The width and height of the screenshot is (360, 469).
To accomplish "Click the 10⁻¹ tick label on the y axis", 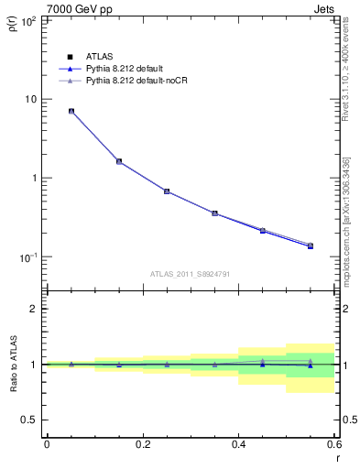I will (x=27, y=256).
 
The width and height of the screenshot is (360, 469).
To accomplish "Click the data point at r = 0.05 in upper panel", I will (x=71, y=111).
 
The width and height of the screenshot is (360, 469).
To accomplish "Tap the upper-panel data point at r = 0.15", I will (x=119, y=161).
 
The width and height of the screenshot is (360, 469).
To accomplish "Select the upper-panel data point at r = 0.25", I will (x=167, y=191).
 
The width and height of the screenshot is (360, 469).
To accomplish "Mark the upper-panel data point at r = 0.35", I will (x=214, y=213).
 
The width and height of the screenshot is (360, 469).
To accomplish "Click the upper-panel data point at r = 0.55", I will (x=311, y=245).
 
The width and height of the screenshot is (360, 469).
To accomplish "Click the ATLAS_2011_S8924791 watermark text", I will (x=191, y=273).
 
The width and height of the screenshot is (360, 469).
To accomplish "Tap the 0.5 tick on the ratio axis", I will (x=29, y=420).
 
